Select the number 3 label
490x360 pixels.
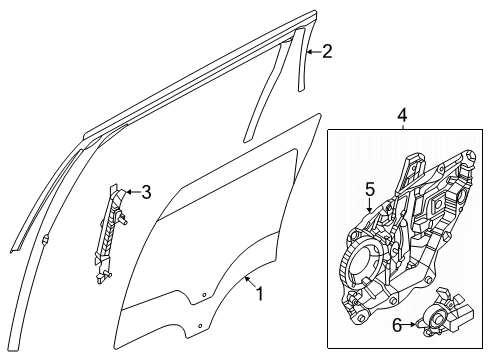pos(145,192)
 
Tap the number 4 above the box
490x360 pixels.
pos(403,117)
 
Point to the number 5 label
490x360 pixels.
pos(369,187)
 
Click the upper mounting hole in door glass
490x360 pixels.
pos(205,295)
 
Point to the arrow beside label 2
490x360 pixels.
pos(311,51)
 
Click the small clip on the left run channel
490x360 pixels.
pos(47,241)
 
